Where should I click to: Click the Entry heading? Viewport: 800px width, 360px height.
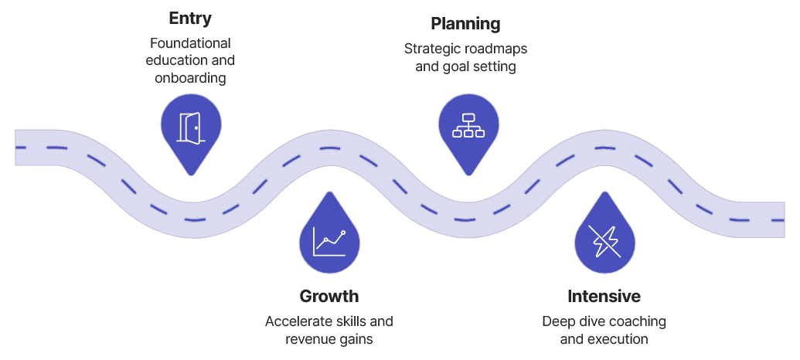click(x=190, y=18)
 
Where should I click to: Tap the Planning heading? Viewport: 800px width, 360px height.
click(x=465, y=24)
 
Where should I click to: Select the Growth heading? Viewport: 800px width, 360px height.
click(x=329, y=296)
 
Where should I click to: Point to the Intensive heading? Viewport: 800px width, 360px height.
click(x=604, y=296)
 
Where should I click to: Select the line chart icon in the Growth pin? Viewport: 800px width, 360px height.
click(x=329, y=242)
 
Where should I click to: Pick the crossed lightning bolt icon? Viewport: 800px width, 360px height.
click(x=604, y=241)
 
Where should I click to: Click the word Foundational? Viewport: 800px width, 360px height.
click(x=190, y=42)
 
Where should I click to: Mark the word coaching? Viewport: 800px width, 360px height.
click(x=638, y=321)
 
